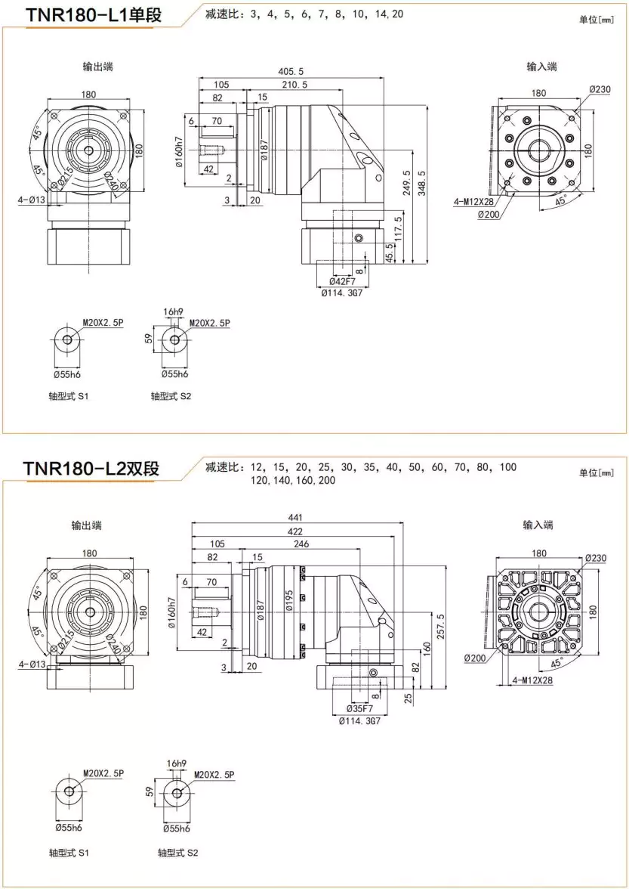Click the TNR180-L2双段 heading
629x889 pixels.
coord(91,469)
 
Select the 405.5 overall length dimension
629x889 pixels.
coord(291,72)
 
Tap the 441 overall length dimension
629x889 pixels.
coord(295,518)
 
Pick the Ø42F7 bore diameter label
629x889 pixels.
coord(342,282)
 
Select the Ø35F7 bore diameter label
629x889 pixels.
coord(360,709)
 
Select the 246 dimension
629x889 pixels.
coord(302,544)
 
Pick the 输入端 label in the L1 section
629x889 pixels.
coord(541,67)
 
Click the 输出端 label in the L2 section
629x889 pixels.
coord(87,525)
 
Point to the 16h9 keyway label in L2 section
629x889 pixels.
coord(175,764)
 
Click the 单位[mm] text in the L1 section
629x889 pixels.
coord(597,20)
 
